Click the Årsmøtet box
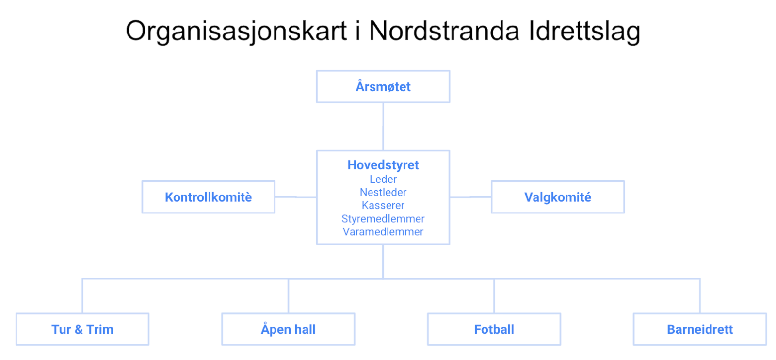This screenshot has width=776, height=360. [383, 87]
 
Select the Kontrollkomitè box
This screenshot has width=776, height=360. [209, 197]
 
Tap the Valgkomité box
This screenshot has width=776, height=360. [558, 197]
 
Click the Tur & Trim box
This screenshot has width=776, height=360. [82, 329]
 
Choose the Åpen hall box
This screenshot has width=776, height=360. [288, 329]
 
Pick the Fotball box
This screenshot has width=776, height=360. [494, 329]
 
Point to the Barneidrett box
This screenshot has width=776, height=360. [700, 329]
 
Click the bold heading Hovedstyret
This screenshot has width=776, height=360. [383, 165]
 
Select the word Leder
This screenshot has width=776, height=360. [383, 179]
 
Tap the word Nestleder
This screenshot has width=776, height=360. [383, 192]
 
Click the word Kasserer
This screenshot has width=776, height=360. [383, 205]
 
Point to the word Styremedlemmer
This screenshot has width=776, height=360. [383, 219]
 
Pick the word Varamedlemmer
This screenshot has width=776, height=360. [383, 232]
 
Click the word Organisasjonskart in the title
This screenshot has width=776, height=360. [236, 31]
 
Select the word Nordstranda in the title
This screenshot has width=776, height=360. [444, 31]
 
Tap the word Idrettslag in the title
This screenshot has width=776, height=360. [585, 31]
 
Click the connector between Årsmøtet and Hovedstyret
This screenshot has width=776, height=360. [383, 127]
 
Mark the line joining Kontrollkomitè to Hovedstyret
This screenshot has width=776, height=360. [296, 197]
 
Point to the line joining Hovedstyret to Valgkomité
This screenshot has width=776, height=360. [470, 197]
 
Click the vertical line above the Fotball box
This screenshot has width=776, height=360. [494, 296]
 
